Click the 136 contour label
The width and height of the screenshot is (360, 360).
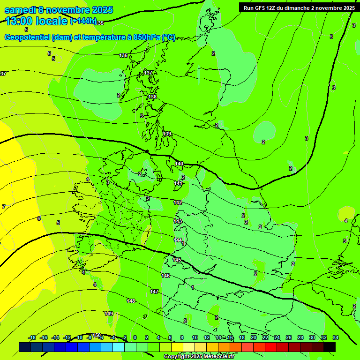(123, 55)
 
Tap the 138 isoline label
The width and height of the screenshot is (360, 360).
(152, 97)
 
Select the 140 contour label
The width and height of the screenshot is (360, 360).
(179, 164)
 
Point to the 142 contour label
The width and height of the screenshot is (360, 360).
(178, 202)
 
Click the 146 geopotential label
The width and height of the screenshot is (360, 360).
(165, 276)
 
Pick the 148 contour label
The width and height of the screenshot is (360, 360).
(131, 301)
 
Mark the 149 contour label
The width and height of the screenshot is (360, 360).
(109, 314)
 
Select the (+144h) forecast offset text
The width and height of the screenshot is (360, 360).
(83, 21)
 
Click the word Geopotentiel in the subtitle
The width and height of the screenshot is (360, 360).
(27, 37)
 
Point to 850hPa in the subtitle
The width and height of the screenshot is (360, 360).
(147, 37)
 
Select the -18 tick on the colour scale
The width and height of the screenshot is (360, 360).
(32, 337)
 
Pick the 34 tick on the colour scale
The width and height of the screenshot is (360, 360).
(336, 337)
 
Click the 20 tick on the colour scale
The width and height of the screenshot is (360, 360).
(254, 337)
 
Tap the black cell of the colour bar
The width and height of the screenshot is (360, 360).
(330, 347)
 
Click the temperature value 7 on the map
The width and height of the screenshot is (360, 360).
(4, 207)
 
